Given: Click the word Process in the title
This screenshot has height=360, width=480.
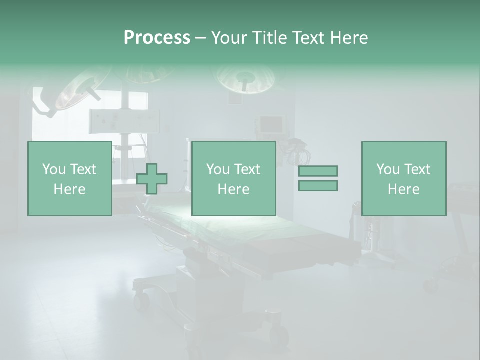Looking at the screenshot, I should coord(157,38).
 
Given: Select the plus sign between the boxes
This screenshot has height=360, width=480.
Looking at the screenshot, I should coord(152,178).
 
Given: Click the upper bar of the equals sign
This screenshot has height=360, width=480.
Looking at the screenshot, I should coord(318,171).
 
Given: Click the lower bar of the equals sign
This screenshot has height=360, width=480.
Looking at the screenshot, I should coord(318,185).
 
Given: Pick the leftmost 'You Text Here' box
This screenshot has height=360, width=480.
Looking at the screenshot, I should coord(69,178).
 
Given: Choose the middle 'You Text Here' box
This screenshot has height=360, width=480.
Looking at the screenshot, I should coord(233,178).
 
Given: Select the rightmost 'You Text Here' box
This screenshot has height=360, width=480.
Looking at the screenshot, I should coord(404,178).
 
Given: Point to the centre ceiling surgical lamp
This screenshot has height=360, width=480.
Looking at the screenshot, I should coord(245,79).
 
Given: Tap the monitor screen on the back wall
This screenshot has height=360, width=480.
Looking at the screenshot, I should coord(270,123).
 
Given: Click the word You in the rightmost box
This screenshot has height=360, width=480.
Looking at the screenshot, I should coord(388,169).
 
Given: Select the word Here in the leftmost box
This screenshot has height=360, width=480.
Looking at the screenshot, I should coord(69,189).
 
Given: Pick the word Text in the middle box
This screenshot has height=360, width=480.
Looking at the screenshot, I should coord(247,169).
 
